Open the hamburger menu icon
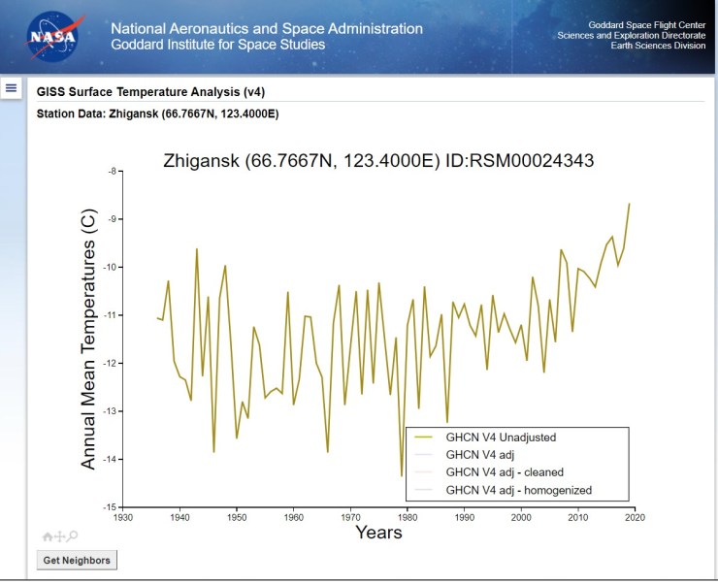[12, 88]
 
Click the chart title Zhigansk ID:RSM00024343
[378, 160]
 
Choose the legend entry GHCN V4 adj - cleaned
[503, 472]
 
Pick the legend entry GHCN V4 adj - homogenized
[518, 490]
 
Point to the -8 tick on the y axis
[112, 172]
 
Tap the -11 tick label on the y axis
[110, 315]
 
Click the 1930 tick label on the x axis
[123, 518]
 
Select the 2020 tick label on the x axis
[635, 518]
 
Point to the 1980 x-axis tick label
[408, 518]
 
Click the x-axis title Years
[378, 533]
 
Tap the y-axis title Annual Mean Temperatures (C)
[89, 340]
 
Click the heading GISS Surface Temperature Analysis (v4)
[150, 92]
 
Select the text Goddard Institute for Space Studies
[218, 45]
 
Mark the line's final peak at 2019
[629, 204]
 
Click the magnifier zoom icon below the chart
[73, 535]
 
